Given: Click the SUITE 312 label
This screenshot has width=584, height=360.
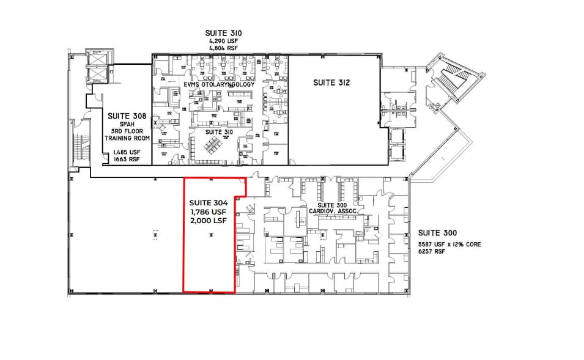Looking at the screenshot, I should tap(331, 83).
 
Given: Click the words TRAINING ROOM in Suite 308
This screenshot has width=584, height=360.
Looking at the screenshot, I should tap(126, 138).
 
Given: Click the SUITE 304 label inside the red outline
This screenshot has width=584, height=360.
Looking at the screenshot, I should tap(209, 202).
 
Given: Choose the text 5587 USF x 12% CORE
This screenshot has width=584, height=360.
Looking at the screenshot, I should tap(449, 244).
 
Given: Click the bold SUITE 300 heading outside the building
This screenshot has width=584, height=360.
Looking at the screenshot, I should tap(438, 233).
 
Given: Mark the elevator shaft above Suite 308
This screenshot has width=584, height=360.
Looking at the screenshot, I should tap(98, 65).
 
